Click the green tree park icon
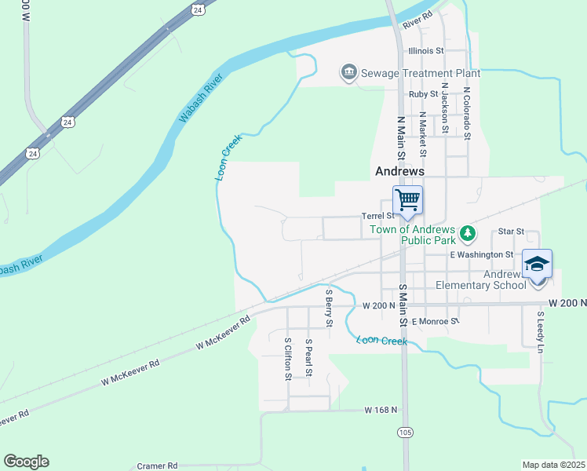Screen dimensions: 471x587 point(468,232)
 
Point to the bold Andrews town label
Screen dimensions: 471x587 point(399,170)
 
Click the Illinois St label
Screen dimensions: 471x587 point(426,51)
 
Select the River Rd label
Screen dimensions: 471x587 point(417,20)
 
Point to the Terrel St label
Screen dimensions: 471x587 point(377,216)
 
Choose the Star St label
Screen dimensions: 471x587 point(510,232)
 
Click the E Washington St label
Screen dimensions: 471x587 point(481,254)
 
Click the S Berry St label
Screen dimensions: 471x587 point(329,309)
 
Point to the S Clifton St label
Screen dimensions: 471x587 point(288,359)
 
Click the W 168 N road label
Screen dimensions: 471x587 point(381,410)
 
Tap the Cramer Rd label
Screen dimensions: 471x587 point(158,466)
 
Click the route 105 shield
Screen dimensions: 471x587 point(405,433)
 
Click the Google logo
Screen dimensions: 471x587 point(26,462)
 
